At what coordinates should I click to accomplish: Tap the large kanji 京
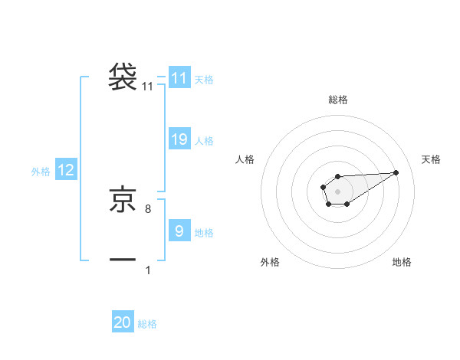[123, 200]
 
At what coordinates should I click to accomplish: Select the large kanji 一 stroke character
[123, 261]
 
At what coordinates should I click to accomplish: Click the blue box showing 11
[179, 78]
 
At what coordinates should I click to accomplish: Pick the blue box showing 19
[179, 139]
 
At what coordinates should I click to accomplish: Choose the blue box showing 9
[179, 231]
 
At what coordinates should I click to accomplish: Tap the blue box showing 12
[66, 170]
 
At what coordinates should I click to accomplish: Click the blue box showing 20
[123, 322]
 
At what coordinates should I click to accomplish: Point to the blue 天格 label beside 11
[204, 79]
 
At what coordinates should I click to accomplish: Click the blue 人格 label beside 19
[204, 141]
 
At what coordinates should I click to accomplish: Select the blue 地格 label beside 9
[204, 232]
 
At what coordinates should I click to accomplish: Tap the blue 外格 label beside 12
[41, 172]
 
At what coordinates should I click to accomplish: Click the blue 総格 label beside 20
[147, 324]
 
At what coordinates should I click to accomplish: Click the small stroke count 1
[148, 270]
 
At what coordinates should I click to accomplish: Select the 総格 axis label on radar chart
[338, 100]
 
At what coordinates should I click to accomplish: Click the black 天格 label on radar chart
[432, 159]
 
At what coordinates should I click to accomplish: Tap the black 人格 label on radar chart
[245, 159]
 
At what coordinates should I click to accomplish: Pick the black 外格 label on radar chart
[270, 262]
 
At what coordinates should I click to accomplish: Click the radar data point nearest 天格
[396, 172]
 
